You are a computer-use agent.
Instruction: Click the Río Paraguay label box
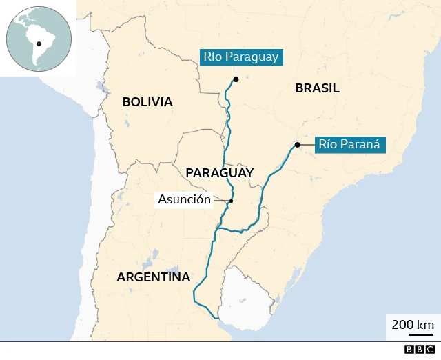point(240,57)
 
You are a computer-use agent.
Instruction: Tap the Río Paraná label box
point(349,145)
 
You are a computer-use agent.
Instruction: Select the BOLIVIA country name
point(147,102)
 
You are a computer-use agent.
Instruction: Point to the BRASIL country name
point(317,88)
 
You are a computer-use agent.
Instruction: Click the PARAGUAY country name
point(220,172)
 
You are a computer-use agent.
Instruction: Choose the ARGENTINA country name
point(153,277)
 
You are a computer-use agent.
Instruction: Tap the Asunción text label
point(184,199)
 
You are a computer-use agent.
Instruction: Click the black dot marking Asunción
point(232,201)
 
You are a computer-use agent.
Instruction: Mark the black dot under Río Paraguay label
point(236,79)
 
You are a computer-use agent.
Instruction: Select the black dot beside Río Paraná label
point(297,145)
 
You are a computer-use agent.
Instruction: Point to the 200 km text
point(413,324)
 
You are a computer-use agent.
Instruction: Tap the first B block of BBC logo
point(409,350)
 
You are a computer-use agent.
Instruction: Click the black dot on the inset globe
point(39,43)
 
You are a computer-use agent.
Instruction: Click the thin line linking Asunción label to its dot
point(221,200)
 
